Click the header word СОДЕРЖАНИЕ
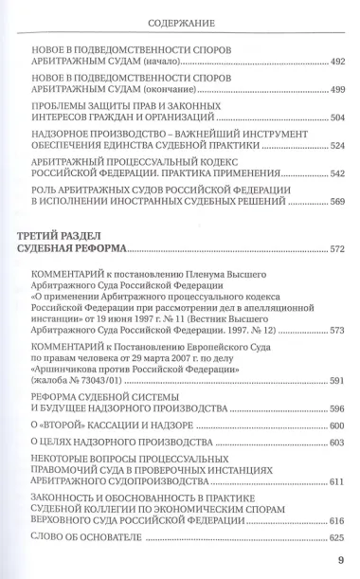tap(180, 20)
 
